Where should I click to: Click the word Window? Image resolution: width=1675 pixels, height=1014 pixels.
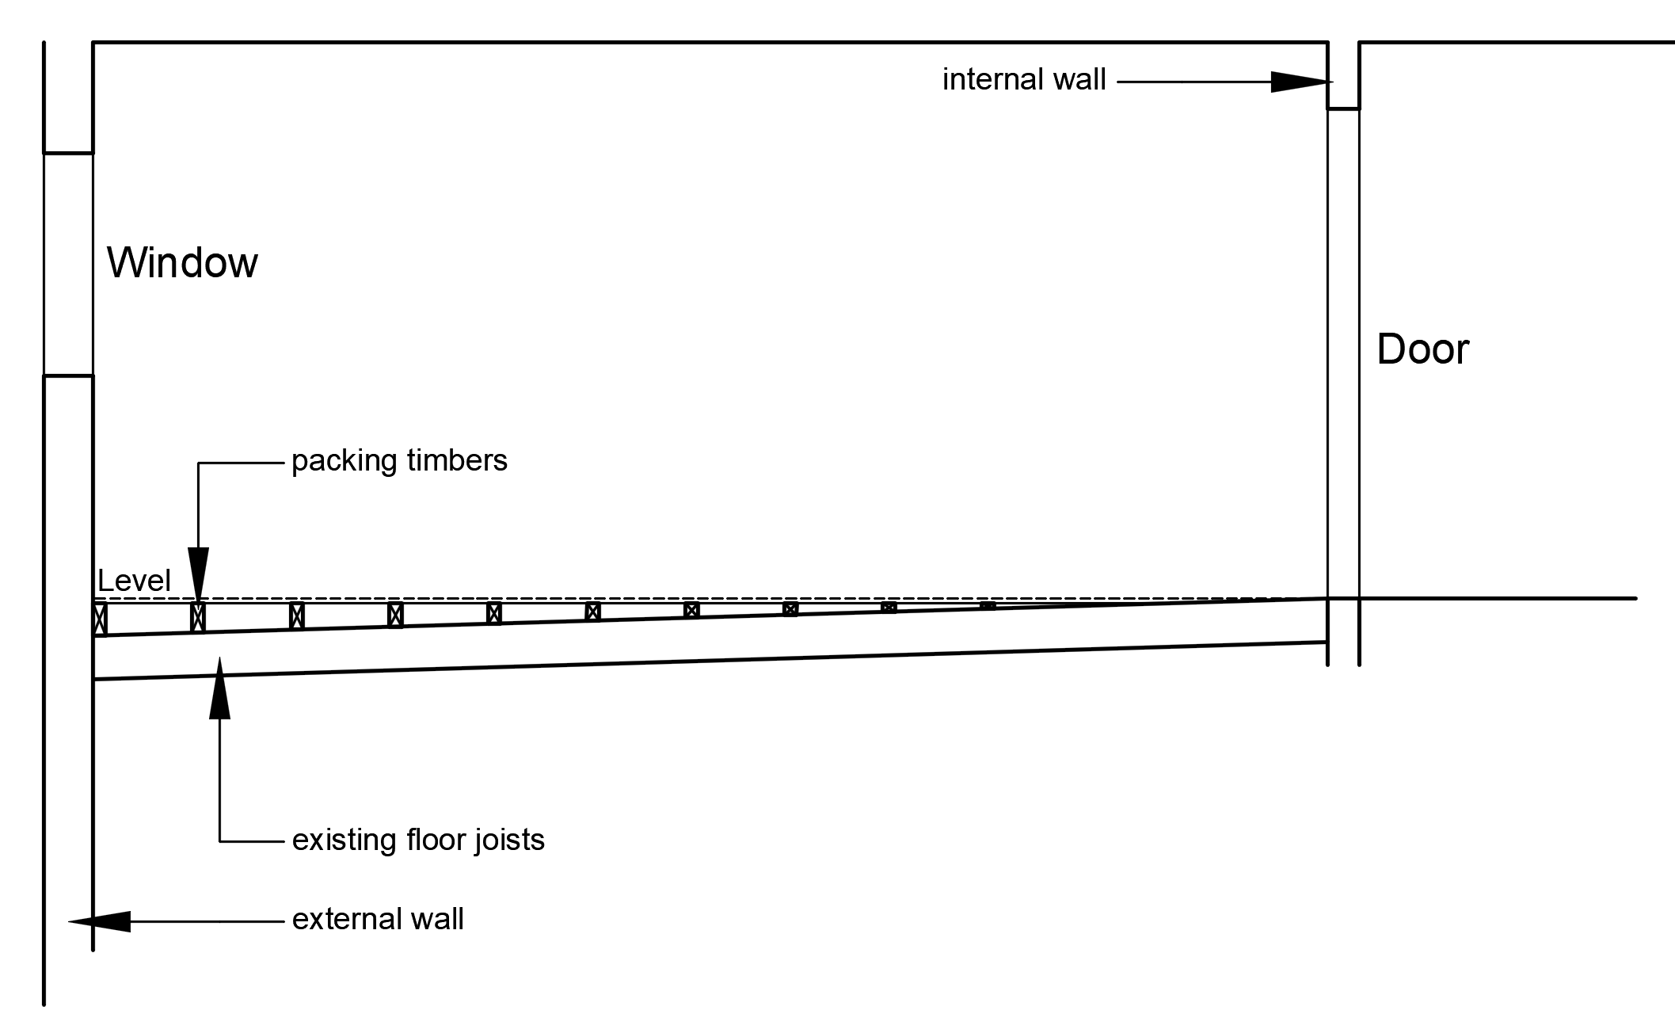(182, 262)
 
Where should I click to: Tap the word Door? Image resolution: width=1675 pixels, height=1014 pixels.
(1422, 349)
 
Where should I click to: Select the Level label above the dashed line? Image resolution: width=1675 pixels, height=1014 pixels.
(133, 581)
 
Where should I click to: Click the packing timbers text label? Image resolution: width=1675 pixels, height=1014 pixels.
(399, 460)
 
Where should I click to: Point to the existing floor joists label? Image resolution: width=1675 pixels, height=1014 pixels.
(418, 839)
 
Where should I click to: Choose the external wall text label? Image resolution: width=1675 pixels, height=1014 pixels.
(378, 919)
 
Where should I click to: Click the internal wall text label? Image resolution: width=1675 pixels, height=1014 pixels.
(1024, 79)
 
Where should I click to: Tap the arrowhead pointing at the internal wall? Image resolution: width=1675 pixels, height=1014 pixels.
(1299, 82)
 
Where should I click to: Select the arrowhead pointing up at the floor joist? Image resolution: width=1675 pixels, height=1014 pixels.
(219, 689)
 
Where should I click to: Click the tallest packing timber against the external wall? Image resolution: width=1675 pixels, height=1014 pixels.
(100, 619)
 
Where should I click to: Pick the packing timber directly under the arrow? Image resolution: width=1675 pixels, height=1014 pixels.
(198, 617)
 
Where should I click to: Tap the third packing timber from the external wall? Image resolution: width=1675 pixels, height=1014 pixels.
(297, 616)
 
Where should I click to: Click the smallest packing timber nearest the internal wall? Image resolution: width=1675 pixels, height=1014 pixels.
(988, 606)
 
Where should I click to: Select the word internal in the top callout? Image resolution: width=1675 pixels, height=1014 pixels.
(990, 79)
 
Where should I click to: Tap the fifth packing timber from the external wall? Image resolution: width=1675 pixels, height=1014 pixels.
(494, 613)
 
